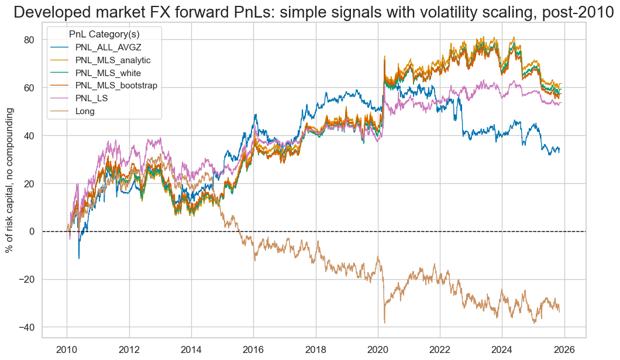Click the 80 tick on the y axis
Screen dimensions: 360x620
29,40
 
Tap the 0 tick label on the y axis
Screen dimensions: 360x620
32,231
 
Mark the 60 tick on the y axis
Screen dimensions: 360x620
29,88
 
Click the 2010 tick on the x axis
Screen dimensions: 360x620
67,349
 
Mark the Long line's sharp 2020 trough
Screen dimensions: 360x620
384,322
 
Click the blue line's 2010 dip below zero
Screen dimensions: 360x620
79,258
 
